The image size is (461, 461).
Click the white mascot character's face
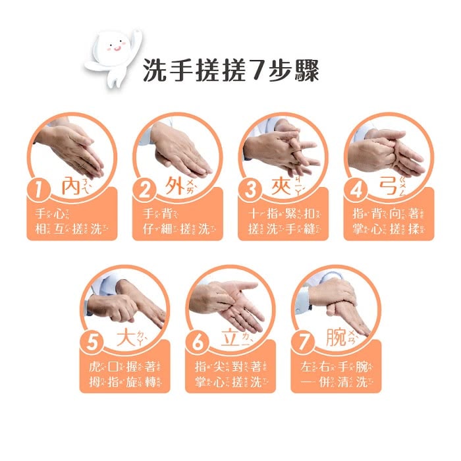pyautogui.click(x=113, y=47)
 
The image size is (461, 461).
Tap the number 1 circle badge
pyautogui.click(x=41, y=191)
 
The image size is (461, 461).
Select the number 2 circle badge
pyautogui.click(x=146, y=191)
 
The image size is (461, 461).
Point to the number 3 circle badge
pyautogui.click(x=251, y=191)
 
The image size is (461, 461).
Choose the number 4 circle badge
pyautogui.click(x=356, y=191)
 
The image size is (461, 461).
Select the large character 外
pyautogui.click(x=175, y=186)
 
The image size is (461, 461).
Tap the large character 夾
pyautogui.click(x=281, y=186)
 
